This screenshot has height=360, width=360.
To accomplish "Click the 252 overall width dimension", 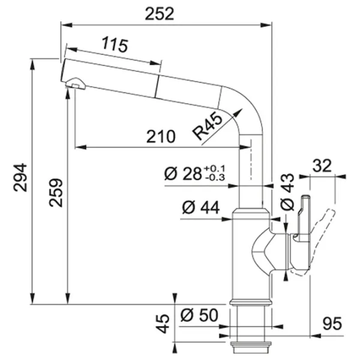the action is click(160, 14).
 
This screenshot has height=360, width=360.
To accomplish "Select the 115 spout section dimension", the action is click(115, 44).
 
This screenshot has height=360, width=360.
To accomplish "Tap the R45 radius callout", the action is click(208, 126).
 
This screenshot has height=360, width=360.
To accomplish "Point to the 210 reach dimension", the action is click(161, 137).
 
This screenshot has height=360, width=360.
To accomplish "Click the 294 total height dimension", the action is click(20, 177).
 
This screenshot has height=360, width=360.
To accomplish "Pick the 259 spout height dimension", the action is click(56, 193).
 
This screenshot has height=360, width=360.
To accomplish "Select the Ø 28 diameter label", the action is click(183, 173).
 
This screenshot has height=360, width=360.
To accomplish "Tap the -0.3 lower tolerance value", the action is click(214, 177).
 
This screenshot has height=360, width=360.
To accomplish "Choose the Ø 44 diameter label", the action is click(201, 208).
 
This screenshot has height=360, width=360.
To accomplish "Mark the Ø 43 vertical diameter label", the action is click(287, 192).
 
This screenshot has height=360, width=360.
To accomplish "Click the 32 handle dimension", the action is click(322, 166).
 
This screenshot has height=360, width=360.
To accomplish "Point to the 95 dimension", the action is click(332, 323).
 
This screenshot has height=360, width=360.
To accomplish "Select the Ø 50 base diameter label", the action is click(199, 315).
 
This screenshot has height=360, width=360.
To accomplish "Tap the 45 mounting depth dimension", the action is click(163, 323).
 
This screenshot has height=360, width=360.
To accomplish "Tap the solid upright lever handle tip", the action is click(306, 197).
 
